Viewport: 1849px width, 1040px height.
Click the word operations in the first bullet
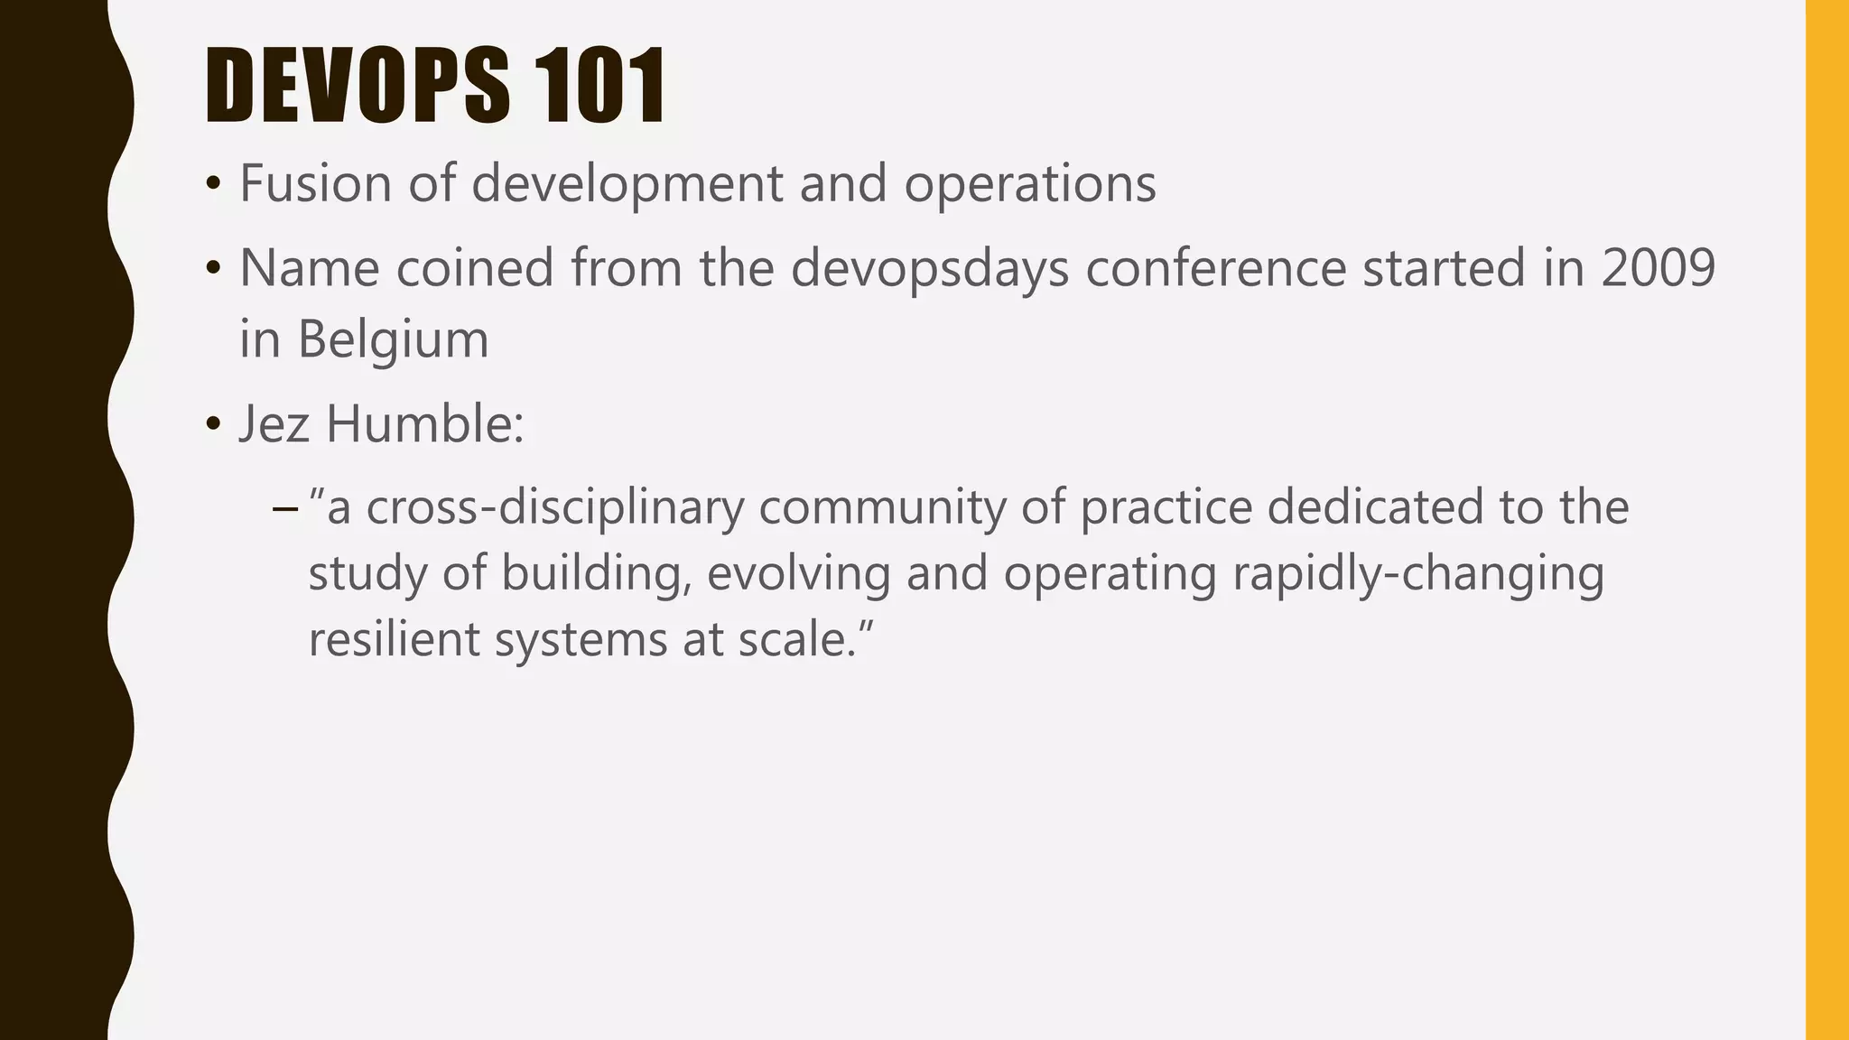pyautogui.click(x=1030, y=185)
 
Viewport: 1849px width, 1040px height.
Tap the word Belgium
pyautogui.click(x=393, y=340)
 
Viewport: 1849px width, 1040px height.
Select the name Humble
pyautogui.click(x=424, y=423)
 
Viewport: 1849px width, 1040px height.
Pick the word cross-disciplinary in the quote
pyautogui.click(x=555, y=506)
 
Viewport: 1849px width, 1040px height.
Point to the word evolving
pyautogui.click(x=799, y=574)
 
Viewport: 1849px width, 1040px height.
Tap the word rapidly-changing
pyautogui.click(x=1418, y=574)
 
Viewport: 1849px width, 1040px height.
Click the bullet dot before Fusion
pyautogui.click(x=213, y=185)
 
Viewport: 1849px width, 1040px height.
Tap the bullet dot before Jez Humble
pyautogui.click(x=213, y=424)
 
